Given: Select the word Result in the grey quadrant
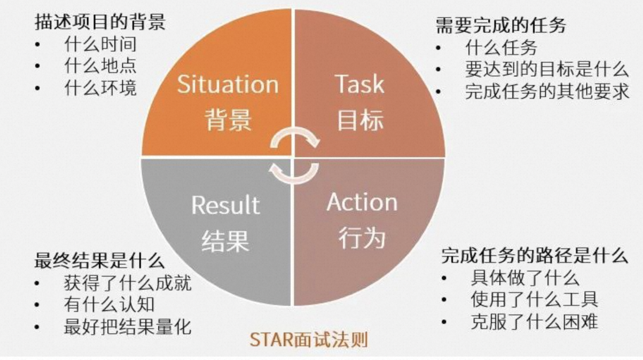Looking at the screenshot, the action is [x=226, y=204].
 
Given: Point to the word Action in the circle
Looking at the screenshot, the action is [x=362, y=202].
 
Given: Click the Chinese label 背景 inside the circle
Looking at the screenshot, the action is [x=228, y=119].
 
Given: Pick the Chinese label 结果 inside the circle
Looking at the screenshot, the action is [x=225, y=241].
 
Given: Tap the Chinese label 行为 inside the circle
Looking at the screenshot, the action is [x=362, y=238].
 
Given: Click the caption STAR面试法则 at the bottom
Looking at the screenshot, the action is [x=309, y=340].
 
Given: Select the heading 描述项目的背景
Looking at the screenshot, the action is [x=100, y=22].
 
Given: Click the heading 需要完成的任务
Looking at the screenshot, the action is [x=501, y=25].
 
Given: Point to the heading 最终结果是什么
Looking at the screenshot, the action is [x=100, y=260].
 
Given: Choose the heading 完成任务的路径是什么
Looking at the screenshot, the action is [x=535, y=255].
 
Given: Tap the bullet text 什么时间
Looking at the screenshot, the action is [x=101, y=44].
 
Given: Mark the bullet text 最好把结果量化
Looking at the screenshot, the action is [x=128, y=326].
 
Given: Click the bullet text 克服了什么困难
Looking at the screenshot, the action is [x=535, y=322].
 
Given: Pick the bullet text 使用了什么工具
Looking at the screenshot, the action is [x=535, y=299].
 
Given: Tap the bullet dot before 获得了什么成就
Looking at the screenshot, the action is [x=37, y=284].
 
